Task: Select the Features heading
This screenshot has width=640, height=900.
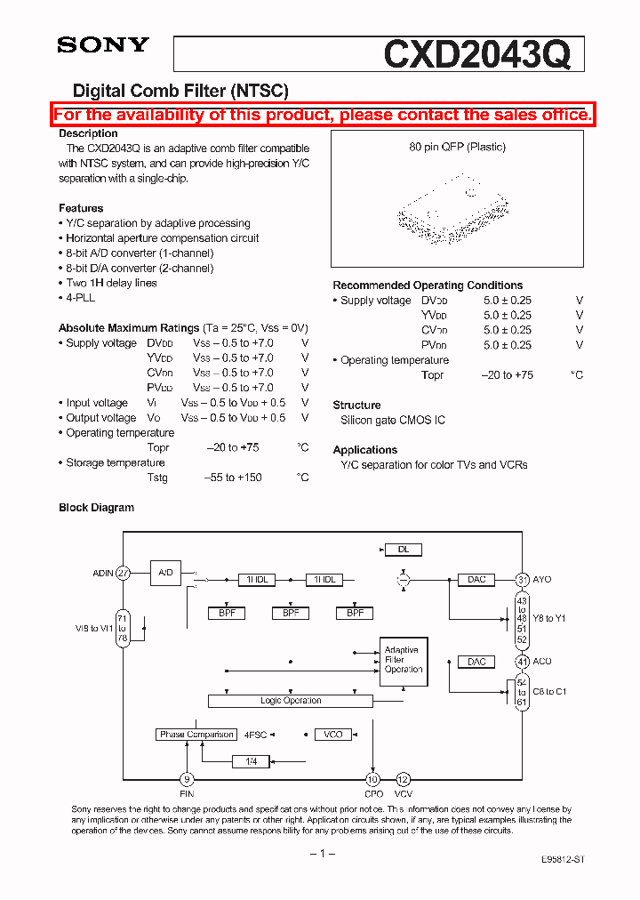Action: [81, 208]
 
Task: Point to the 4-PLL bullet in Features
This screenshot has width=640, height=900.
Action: [79, 298]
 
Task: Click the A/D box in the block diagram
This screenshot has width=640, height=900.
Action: [165, 573]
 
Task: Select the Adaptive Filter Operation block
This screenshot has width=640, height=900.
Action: [404, 661]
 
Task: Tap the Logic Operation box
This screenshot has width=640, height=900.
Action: [291, 701]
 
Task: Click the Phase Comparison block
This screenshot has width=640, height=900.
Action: [196, 735]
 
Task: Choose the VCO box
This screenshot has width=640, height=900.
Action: [333, 735]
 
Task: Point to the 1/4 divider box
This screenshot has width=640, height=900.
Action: [251, 761]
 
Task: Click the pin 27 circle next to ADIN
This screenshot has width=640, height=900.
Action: [123, 574]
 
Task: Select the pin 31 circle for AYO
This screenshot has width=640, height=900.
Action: [523, 579]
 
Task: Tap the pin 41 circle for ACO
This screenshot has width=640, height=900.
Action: [523, 662]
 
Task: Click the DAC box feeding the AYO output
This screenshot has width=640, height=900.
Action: [476, 580]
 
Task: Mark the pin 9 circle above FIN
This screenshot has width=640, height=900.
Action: [187, 779]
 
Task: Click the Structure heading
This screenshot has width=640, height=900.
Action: [356, 405]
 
